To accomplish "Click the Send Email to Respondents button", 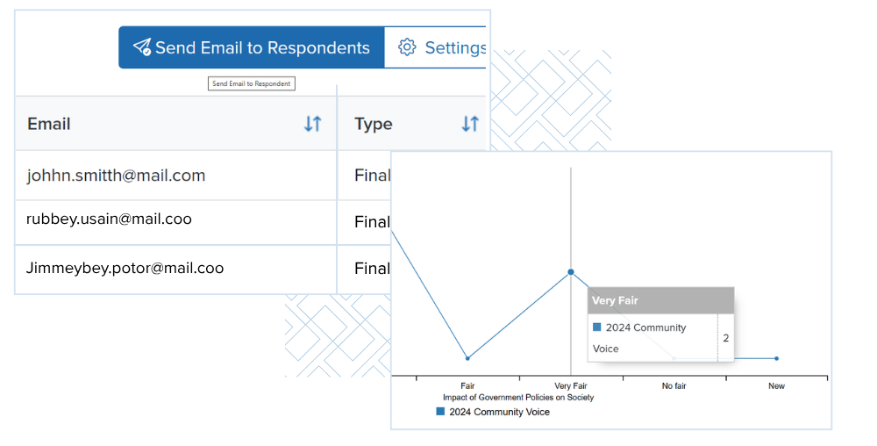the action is tap(251, 47).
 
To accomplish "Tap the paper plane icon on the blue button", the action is tap(142, 47).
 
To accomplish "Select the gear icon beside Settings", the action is tap(407, 47).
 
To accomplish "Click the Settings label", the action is tap(455, 47).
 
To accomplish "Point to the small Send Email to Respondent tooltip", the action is tap(251, 83).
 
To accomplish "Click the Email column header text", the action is tap(48, 124).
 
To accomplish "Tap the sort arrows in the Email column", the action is tap(313, 124).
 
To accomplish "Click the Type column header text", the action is tap(373, 124).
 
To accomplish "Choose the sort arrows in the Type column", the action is tap(470, 124).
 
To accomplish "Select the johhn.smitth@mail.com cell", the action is tap(116, 176).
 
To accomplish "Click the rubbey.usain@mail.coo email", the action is tap(109, 219).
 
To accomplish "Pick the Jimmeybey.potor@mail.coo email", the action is tap(125, 268).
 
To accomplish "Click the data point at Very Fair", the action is tap(571, 272).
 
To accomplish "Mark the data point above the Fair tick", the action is tap(467, 358).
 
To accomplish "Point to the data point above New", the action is tap(776, 358).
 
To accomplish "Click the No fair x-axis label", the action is tap(674, 386).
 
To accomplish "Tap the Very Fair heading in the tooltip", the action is tap(615, 300).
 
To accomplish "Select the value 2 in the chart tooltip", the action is tap(726, 338).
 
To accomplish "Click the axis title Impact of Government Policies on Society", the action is tap(518, 398).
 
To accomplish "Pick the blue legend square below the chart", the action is tap(440, 411).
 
